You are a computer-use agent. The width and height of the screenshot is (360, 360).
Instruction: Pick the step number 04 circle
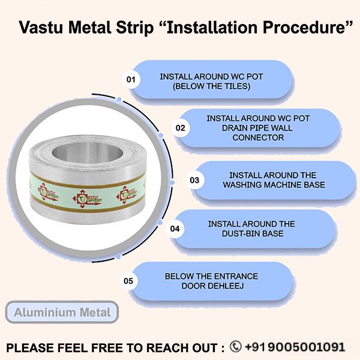point(175,229)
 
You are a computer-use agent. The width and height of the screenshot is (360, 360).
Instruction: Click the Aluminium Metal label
point(62,313)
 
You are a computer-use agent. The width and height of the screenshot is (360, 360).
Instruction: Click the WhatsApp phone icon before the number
point(235,346)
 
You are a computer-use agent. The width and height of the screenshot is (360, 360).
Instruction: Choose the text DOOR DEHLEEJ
point(211,286)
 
